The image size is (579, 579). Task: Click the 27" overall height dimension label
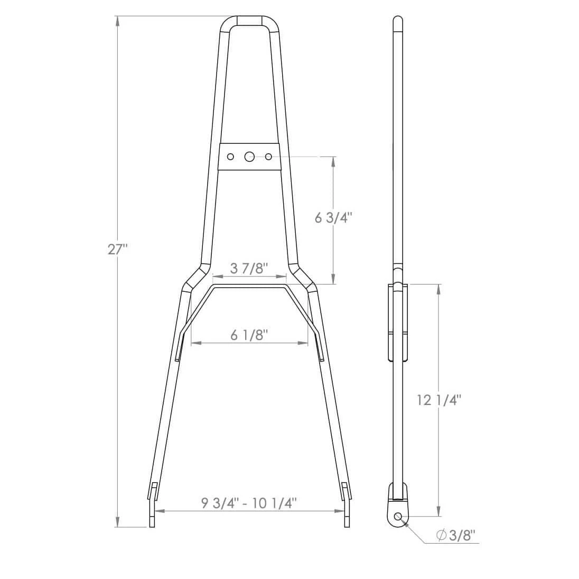pos(118,249)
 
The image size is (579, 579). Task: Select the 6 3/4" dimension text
pos(333,217)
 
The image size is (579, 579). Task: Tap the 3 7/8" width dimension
pos(249,268)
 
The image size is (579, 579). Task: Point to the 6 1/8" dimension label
pos(249,335)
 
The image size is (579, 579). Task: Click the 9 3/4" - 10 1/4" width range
pos(249,502)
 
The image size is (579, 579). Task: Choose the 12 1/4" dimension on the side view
pos(439,400)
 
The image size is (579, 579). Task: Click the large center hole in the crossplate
pos(249,157)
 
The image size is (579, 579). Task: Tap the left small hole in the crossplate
pos(230,157)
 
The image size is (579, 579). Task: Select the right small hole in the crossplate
pos(268,157)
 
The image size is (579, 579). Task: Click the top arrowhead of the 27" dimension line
pos(117,21)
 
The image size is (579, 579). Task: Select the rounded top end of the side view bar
pos(398,21)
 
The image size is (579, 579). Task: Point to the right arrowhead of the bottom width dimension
pos(340,511)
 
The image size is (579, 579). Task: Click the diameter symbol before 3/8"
pos(441,535)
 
